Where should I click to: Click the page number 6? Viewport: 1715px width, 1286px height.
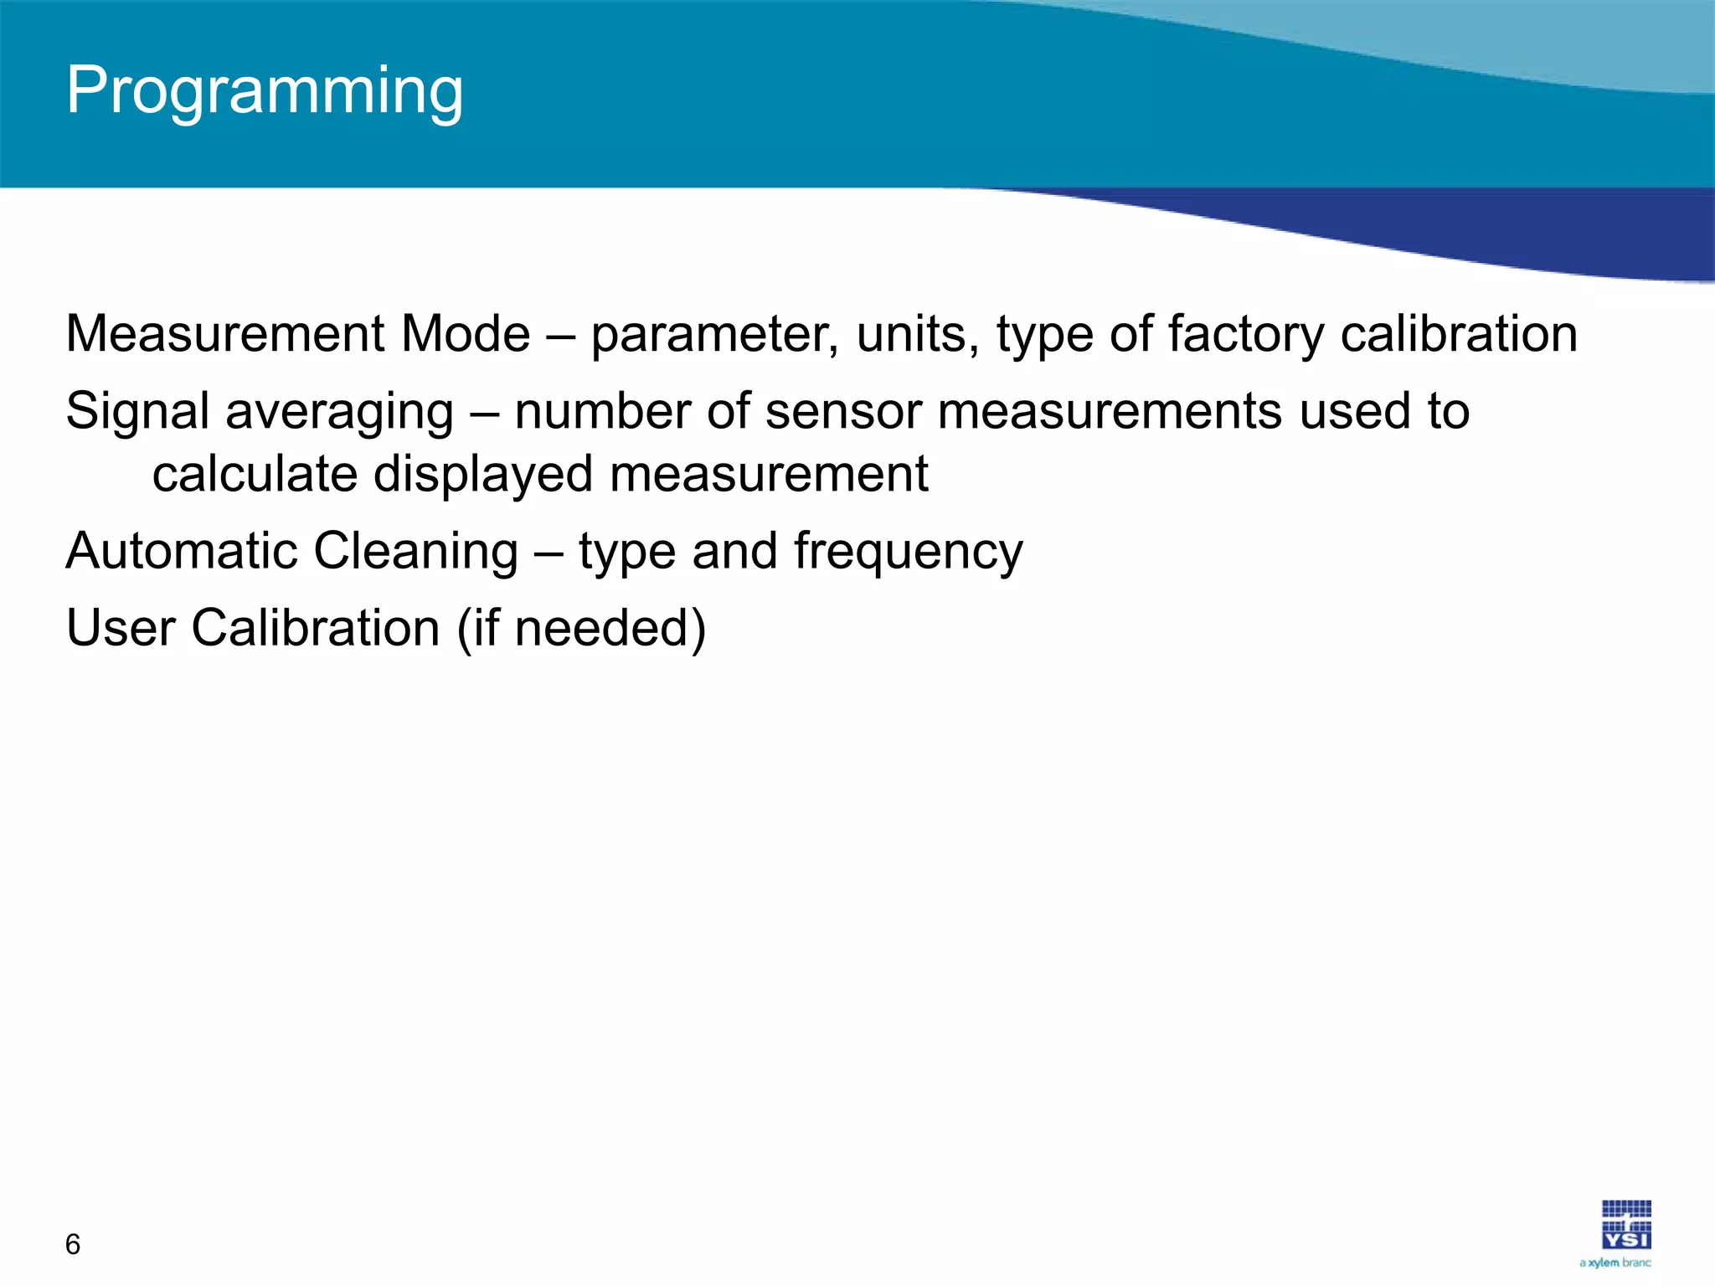click(x=73, y=1244)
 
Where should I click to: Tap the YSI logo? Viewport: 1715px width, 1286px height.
click(x=1626, y=1225)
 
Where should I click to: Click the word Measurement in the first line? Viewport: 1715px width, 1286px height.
click(x=224, y=334)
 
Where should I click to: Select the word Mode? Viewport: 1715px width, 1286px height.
click(x=466, y=334)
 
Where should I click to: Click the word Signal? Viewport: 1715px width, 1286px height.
click(x=137, y=413)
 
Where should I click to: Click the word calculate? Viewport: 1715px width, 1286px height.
click(x=255, y=474)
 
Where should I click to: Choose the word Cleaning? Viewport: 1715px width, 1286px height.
click(x=415, y=553)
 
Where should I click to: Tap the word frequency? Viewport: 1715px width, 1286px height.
click(x=908, y=553)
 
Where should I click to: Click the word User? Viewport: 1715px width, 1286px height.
click(x=121, y=628)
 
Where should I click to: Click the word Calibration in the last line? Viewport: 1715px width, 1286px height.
click(x=316, y=628)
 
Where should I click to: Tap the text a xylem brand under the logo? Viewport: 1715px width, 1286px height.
click(x=1615, y=1263)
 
